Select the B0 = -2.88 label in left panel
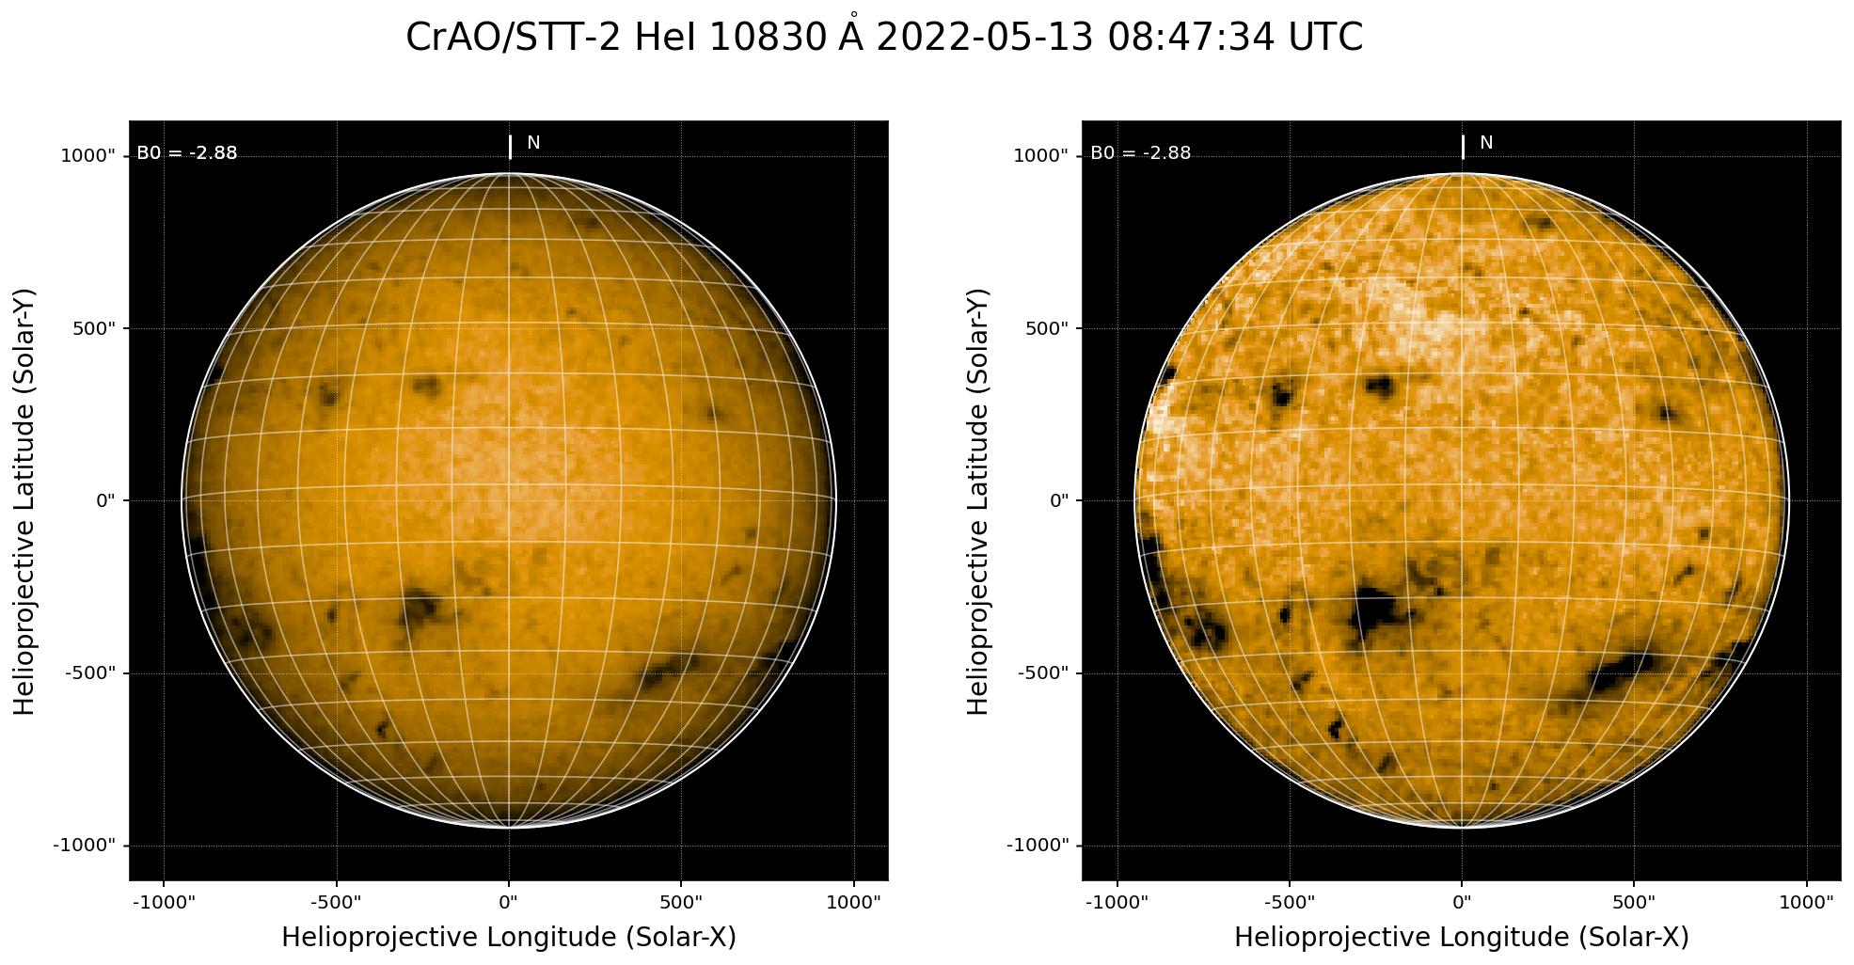click(187, 153)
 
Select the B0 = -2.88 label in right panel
click(1140, 153)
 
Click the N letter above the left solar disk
click(533, 143)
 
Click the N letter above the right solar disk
click(1486, 143)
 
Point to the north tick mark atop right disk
click(1463, 148)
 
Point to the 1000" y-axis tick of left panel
click(87, 156)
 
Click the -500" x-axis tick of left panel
click(336, 902)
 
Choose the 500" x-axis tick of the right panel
click(1634, 902)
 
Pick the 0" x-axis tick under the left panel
click(509, 902)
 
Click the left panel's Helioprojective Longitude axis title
click(509, 937)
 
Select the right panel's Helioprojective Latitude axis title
click(978, 500)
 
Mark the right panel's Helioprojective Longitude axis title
click(1462, 937)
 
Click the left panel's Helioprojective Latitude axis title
click(25, 500)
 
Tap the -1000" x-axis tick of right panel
click(1117, 902)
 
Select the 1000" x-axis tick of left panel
click(853, 902)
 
